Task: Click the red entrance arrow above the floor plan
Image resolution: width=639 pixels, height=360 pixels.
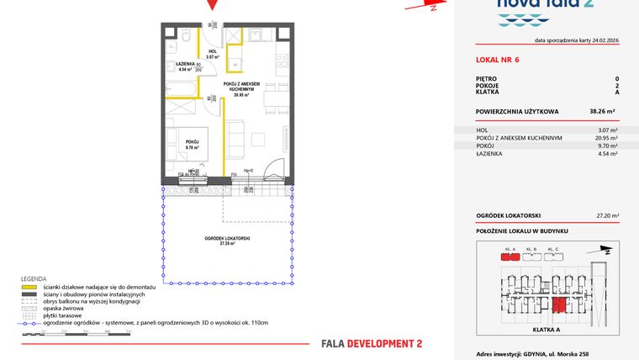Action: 214,5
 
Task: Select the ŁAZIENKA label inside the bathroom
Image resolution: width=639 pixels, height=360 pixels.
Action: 187,66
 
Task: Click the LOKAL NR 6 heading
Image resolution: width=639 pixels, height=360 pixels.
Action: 498,60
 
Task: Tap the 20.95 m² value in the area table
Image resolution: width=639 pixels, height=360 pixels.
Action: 607,138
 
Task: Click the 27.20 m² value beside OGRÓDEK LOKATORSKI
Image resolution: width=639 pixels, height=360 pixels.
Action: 606,215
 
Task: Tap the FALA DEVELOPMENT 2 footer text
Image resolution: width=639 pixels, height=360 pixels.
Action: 372,343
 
